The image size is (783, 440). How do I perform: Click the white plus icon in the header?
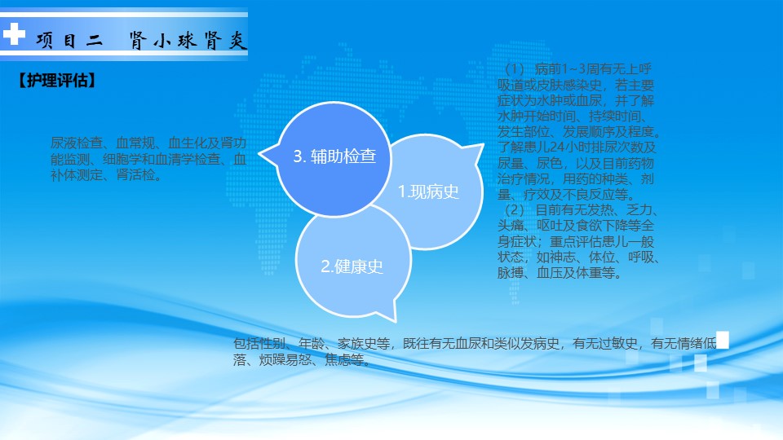[x=14, y=34]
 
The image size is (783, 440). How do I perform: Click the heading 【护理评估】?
[x=56, y=81]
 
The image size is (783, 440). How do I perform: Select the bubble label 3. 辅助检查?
[x=334, y=156]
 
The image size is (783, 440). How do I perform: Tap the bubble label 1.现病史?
[x=428, y=191]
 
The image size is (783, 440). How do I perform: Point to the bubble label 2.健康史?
[x=352, y=266]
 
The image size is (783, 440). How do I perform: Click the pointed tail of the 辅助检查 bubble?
[x=259, y=153]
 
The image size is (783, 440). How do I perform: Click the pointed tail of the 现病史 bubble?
[x=483, y=145]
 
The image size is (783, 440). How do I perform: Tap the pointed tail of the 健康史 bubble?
[x=395, y=320]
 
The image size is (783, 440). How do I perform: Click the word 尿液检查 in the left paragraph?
[x=77, y=143]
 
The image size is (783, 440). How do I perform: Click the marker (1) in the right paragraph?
[x=515, y=68]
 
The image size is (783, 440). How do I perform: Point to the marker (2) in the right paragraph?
[x=515, y=209]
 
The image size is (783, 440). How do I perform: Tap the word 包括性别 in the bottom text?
[x=259, y=343]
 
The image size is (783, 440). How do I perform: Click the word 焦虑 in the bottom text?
[x=337, y=359]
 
